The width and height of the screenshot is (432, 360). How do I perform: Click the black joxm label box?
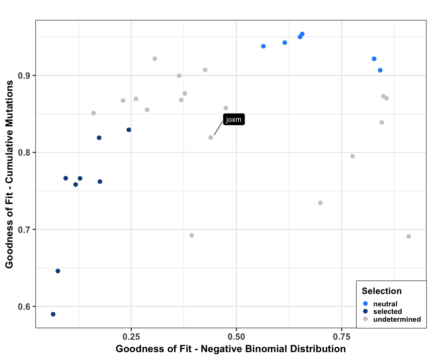tap(234, 120)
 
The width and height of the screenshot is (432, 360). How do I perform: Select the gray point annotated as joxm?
tap(211, 138)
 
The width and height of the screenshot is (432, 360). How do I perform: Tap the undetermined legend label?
tap(397, 319)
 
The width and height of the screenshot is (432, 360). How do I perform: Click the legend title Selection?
tap(381, 291)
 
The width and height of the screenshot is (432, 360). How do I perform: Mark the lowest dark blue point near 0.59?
tap(53, 314)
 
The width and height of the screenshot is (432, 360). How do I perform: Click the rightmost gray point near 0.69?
tap(409, 236)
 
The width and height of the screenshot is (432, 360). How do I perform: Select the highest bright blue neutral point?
tap(302, 34)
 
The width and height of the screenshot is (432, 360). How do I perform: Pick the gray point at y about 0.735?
tap(320, 203)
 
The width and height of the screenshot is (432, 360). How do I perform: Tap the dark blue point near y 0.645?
tap(58, 271)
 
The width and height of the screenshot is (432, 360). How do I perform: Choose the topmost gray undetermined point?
tap(155, 59)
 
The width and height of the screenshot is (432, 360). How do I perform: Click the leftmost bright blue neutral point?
tap(263, 46)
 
